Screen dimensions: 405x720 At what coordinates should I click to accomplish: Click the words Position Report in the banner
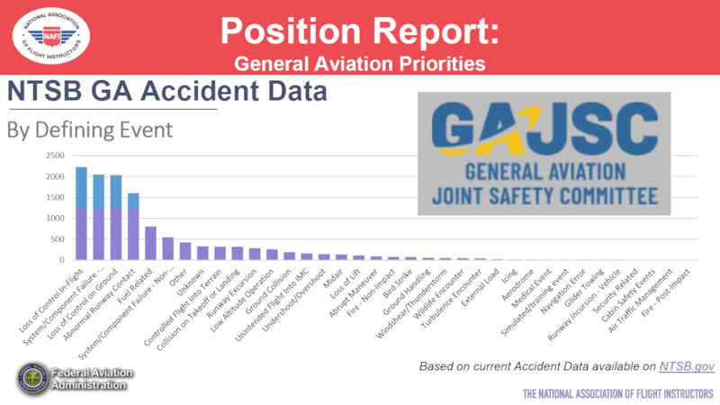pyautogui.click(x=357, y=31)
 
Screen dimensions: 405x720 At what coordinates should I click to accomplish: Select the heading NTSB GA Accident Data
pyautogui.click(x=166, y=92)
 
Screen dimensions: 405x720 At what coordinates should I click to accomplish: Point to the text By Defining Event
pyautogui.click(x=90, y=130)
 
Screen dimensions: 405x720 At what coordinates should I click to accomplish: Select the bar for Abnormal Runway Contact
pyautogui.click(x=133, y=227)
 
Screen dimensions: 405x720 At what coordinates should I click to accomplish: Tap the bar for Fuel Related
pyautogui.click(x=150, y=243)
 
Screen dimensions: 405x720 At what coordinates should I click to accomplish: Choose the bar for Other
pyautogui.click(x=185, y=251)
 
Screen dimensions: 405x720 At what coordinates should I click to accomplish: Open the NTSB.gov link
pyautogui.click(x=687, y=366)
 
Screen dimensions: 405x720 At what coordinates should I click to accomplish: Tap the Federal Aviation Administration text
pyautogui.click(x=94, y=379)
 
